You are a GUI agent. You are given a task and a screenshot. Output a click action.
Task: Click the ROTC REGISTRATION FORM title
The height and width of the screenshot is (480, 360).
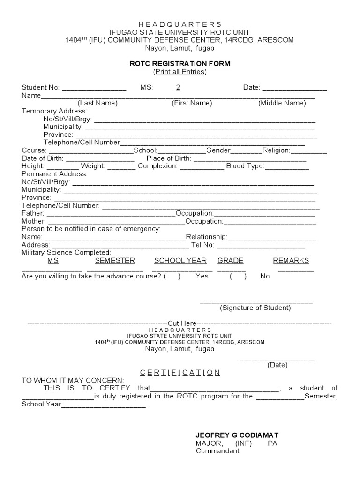(x=180, y=63)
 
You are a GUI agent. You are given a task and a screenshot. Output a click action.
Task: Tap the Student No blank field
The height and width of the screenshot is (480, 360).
(x=94, y=88)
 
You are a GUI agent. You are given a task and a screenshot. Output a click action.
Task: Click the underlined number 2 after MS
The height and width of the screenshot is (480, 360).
(x=178, y=87)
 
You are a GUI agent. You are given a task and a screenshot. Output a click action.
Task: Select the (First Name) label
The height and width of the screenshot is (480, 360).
(x=192, y=103)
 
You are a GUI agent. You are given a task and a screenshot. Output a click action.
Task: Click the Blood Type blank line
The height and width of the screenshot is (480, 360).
(x=287, y=166)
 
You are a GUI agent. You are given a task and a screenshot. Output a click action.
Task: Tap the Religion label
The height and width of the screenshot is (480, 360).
(x=277, y=150)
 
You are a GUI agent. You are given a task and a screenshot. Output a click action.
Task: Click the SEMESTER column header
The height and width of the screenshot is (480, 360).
(x=115, y=261)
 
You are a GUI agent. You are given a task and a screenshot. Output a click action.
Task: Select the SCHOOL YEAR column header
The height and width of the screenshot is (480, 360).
(x=180, y=261)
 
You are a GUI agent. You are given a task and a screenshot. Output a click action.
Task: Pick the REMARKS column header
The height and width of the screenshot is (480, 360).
(x=291, y=261)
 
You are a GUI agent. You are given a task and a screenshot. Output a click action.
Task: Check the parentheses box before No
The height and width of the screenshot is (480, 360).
(x=238, y=276)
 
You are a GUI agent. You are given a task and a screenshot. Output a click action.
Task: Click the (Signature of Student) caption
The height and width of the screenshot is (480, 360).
(x=255, y=308)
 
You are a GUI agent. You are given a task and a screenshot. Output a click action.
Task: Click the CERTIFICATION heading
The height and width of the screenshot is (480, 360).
(x=180, y=373)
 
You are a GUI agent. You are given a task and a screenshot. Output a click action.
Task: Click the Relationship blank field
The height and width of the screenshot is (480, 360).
(x=272, y=237)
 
